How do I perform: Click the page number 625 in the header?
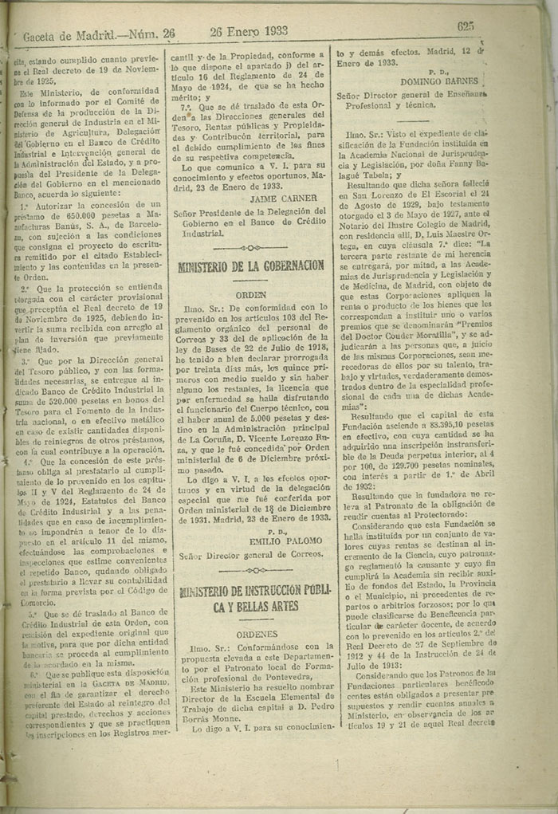coord(466,26)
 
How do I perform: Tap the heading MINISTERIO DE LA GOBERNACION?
coord(250,265)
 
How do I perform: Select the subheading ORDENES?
coord(250,635)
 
